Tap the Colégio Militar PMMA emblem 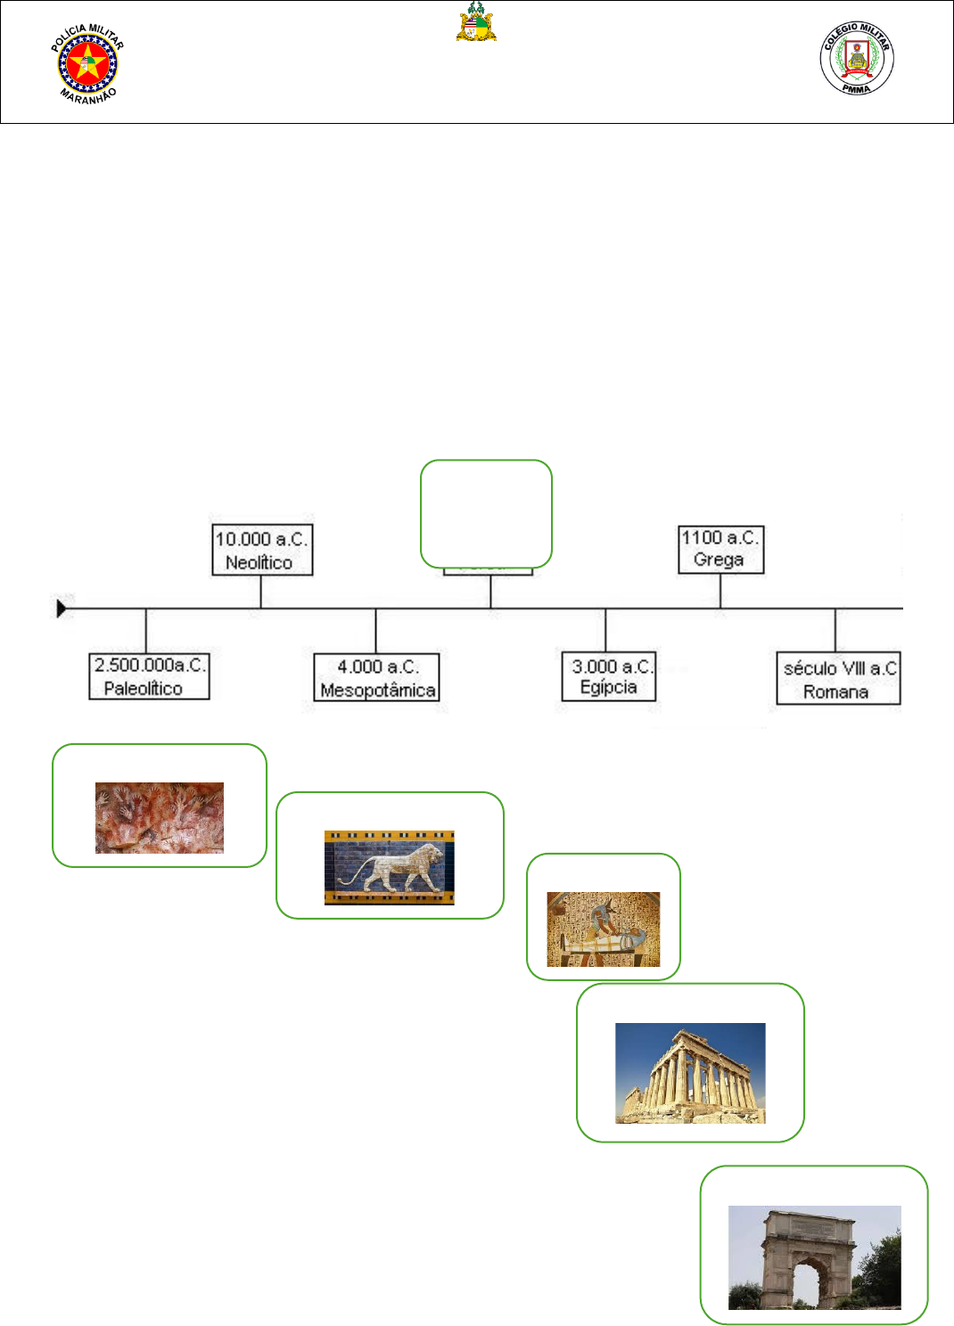coord(856,59)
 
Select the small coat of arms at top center coord(476,22)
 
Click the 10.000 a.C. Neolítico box coord(262,550)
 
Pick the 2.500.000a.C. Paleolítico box coord(149,676)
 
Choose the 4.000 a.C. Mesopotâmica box coord(376,678)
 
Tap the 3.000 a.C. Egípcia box coord(608,676)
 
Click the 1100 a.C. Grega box coord(720,548)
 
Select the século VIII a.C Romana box coord(838,679)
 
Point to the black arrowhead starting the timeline coord(62,609)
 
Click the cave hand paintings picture coord(160,817)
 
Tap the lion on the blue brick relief coord(390,867)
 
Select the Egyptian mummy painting coord(604,929)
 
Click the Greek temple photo coord(690,1072)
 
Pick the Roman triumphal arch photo coord(814,1256)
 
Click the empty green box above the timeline coord(486,512)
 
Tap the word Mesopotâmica coord(377,690)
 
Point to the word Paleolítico coord(143,688)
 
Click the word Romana coord(835,692)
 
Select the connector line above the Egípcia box coord(605,630)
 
